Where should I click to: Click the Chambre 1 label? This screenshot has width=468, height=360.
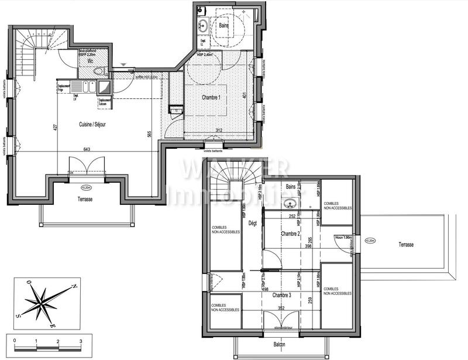coord(211,97)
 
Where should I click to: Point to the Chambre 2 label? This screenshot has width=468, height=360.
coord(291,234)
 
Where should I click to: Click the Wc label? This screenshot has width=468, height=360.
coord(91,60)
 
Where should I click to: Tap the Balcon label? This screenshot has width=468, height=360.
coord(279,344)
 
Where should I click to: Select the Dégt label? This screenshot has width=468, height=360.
coord(253,223)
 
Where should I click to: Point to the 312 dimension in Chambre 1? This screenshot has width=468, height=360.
coord(219,131)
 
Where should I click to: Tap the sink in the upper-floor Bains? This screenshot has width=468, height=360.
coord(290,203)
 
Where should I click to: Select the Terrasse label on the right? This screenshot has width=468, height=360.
coord(406,244)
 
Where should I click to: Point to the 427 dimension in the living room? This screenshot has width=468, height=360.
coord(55,128)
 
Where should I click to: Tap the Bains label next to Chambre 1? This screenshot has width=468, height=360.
coord(224,26)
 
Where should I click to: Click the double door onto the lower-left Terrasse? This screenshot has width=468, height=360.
coord(87,166)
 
